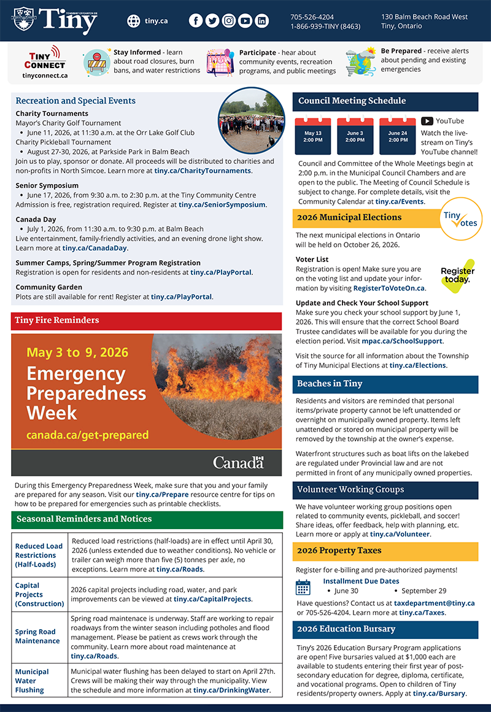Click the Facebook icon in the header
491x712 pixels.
(196, 21)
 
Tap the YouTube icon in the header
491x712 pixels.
(245, 21)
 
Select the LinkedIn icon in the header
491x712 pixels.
(262, 21)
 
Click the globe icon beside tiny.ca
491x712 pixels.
(134, 21)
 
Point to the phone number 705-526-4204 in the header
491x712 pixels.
(312, 17)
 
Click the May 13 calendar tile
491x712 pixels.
(313, 136)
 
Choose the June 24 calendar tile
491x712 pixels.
(398, 136)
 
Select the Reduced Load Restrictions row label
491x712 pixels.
(39, 555)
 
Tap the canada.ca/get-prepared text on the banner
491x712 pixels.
(87, 435)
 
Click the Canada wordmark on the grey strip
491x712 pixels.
(238, 462)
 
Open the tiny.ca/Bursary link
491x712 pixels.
(439, 694)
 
